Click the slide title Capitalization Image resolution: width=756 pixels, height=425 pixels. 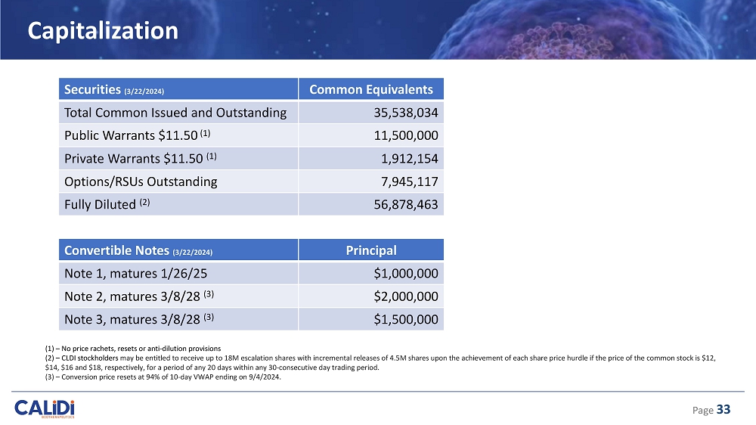(x=103, y=31)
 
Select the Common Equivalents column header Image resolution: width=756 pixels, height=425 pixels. (x=370, y=90)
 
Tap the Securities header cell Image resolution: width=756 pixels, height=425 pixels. (x=112, y=90)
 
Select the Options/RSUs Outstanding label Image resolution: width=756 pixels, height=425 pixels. (x=141, y=181)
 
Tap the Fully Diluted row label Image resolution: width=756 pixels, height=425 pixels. (x=104, y=204)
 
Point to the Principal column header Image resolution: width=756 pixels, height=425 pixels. (x=370, y=250)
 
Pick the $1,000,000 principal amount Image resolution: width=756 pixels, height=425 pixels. (x=406, y=273)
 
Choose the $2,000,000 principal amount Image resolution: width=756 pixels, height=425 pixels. (x=406, y=296)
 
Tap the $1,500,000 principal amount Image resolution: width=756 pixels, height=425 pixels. (x=406, y=319)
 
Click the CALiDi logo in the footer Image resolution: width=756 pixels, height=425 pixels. (x=45, y=408)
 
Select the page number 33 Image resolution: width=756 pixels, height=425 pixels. (x=723, y=409)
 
